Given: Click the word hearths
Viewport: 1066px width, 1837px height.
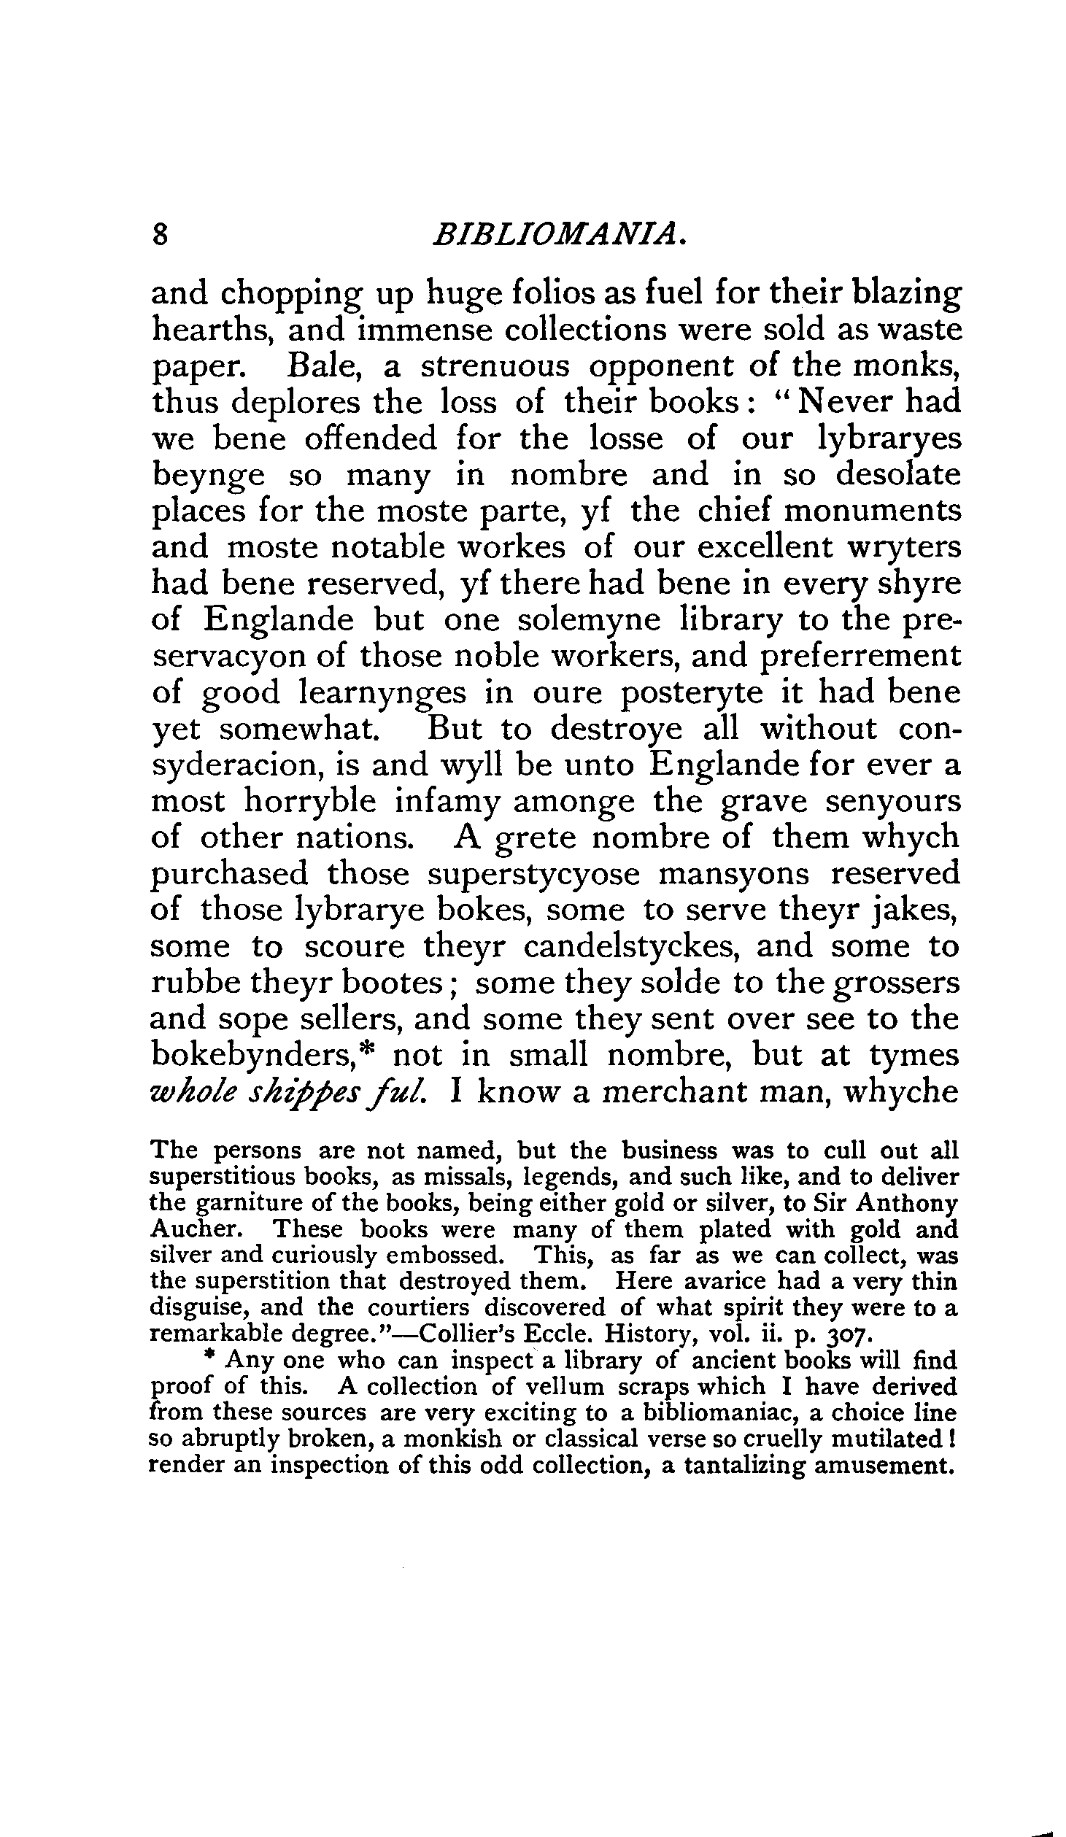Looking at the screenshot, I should (x=212, y=330).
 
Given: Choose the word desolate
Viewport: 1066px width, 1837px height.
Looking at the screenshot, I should (x=897, y=475).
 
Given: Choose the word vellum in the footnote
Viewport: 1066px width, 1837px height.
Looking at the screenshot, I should (x=565, y=1386).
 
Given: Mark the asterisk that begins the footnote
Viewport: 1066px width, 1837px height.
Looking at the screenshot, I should (x=210, y=1358).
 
